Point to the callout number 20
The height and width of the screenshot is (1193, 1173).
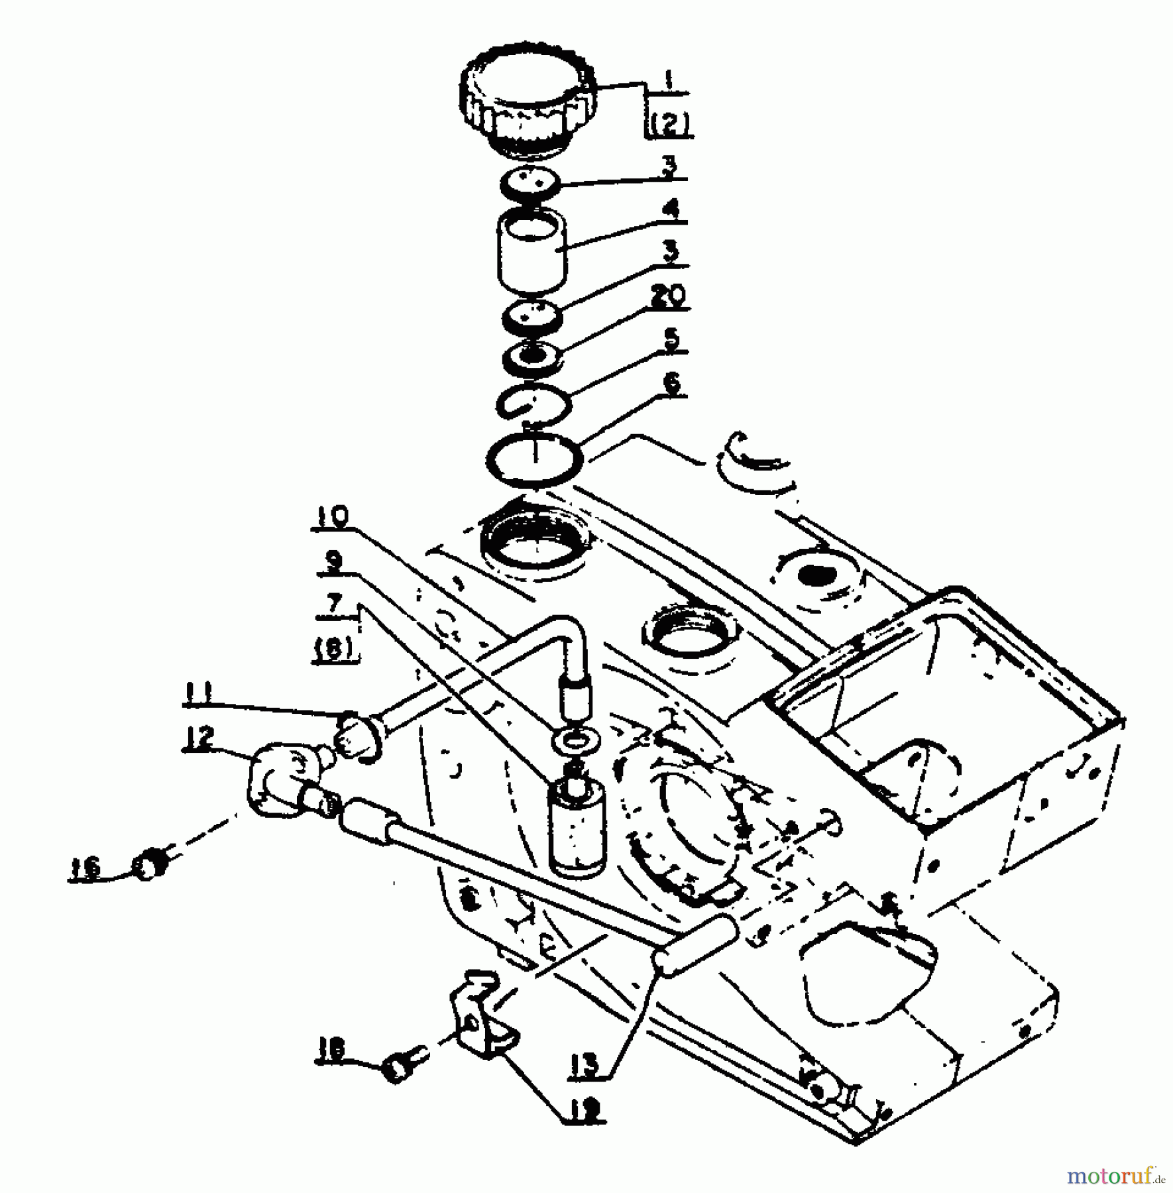tap(666, 297)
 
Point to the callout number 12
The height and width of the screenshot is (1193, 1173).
tap(199, 737)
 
